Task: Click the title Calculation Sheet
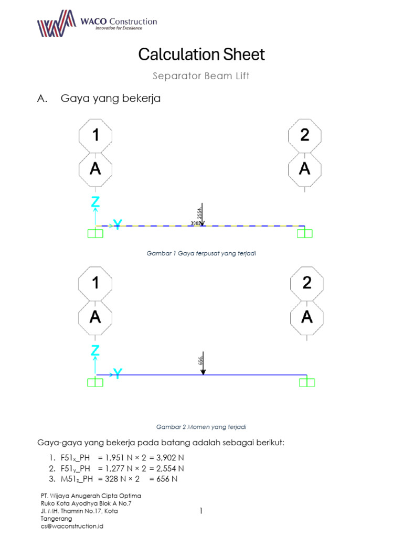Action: coord(201,55)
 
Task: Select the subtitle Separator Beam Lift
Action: coord(201,76)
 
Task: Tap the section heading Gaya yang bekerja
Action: coord(111,98)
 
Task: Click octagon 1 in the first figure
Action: coord(95,135)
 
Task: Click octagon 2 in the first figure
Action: coord(305,135)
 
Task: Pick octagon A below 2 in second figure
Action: coord(307,317)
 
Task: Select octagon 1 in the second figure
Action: coord(95,283)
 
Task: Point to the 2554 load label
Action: coord(199,213)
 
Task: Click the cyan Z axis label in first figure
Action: coord(95,202)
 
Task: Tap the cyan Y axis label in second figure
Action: coord(118,374)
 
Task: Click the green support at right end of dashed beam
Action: coord(304,233)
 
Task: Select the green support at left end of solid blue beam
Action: coord(95,382)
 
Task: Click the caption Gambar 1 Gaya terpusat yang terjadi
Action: coord(201,253)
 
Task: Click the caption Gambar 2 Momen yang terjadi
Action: coord(201,427)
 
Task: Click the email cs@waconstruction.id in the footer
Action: coord(72,526)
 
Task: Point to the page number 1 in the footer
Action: coord(201,511)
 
